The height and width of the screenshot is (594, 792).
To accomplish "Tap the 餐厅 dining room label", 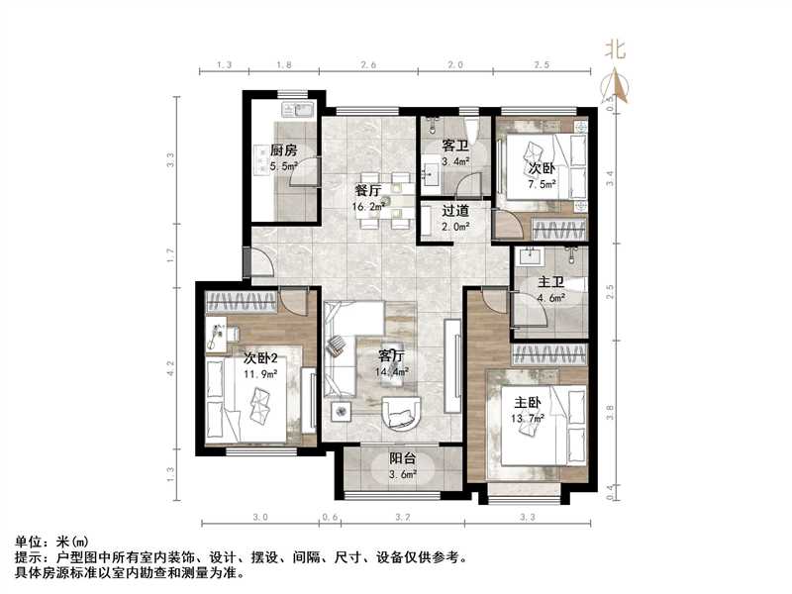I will click(368, 191).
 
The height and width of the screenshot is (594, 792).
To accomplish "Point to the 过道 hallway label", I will click(454, 210).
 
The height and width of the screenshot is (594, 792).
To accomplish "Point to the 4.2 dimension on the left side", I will click(170, 366).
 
